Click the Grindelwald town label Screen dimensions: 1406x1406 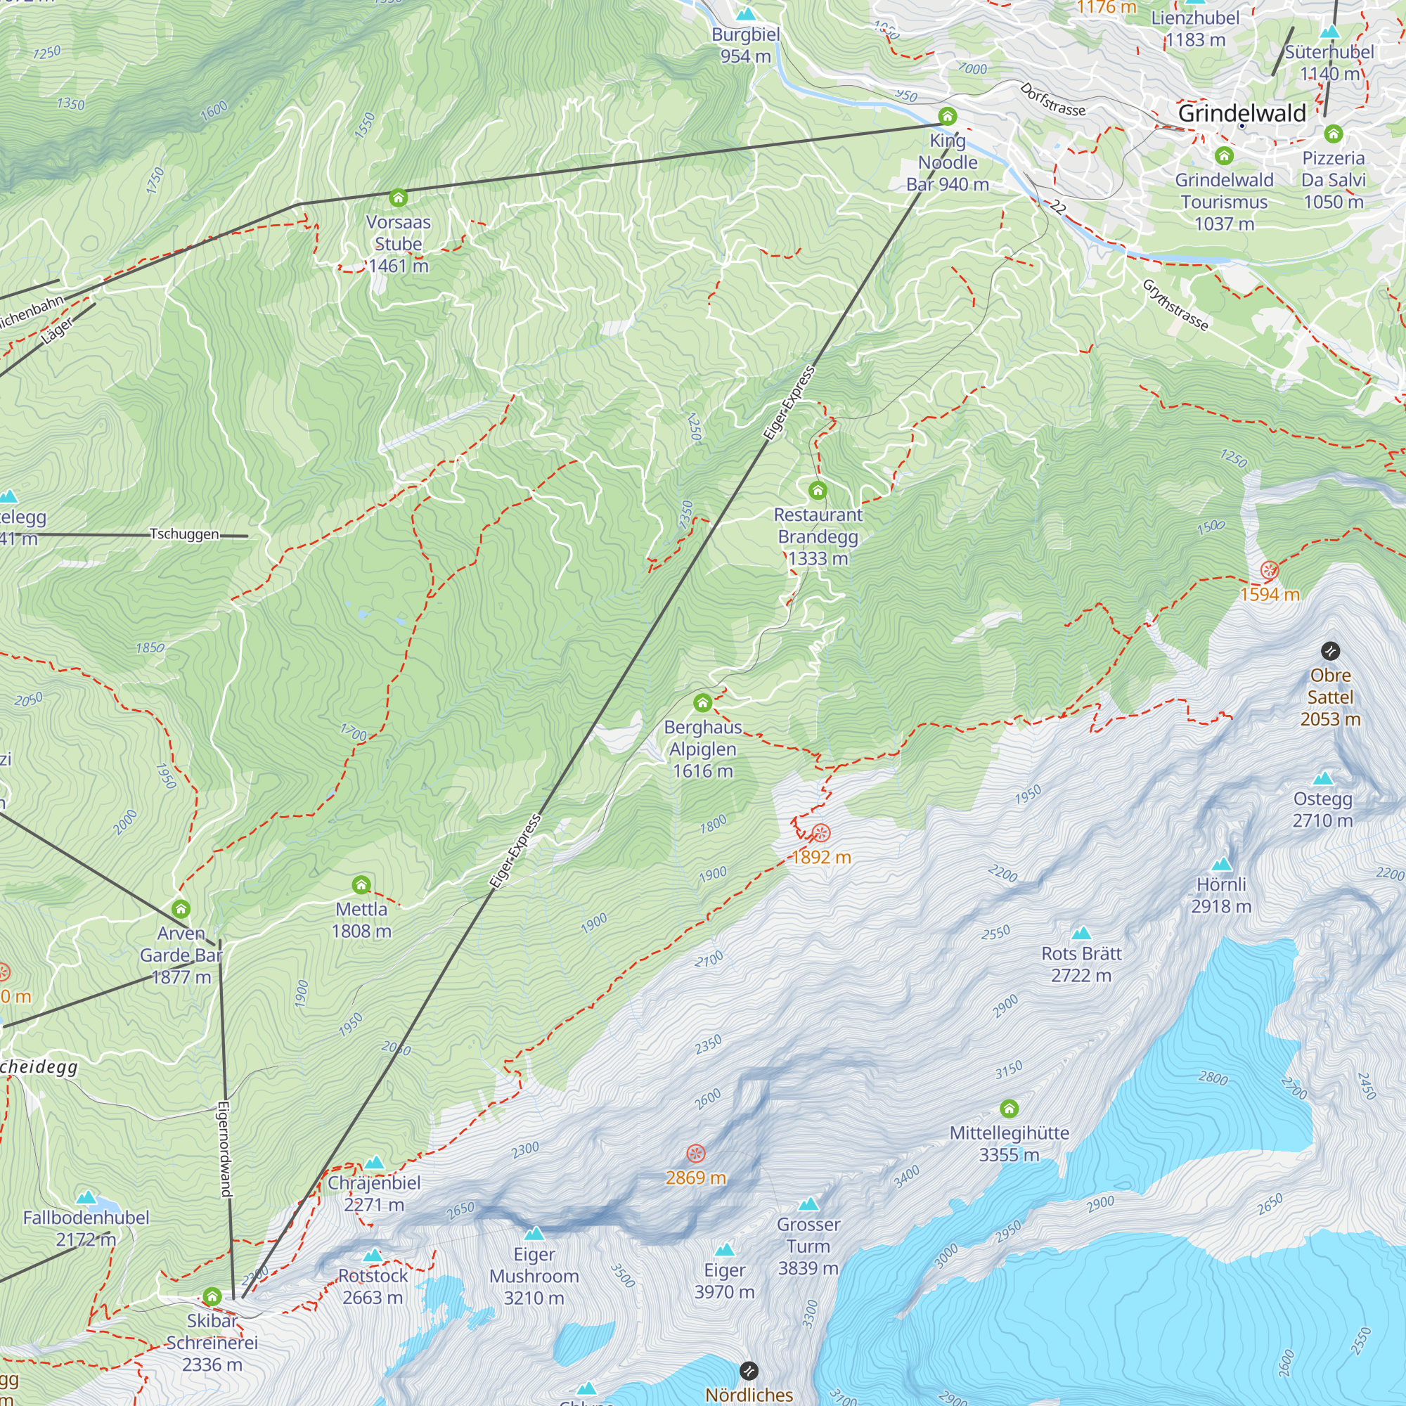[x=1241, y=112]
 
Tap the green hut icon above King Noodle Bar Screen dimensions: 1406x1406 [x=947, y=117]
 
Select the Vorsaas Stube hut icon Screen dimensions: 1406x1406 [x=398, y=198]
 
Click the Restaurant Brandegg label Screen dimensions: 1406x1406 [x=818, y=536]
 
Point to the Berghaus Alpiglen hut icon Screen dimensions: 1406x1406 [x=702, y=703]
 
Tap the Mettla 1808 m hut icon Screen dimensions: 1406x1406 [x=361, y=885]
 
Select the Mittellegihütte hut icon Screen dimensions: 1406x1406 [x=1009, y=1109]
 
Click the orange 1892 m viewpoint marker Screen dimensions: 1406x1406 [x=821, y=832]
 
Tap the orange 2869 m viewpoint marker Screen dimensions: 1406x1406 [x=696, y=1154]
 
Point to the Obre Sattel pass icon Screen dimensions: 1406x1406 [x=1330, y=650]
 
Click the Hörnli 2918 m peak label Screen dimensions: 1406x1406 [x=1221, y=895]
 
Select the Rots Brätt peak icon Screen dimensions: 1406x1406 [x=1081, y=934]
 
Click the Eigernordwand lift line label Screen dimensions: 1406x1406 [x=225, y=1149]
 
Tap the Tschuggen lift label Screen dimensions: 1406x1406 [x=184, y=534]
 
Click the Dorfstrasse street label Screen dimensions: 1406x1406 [x=1052, y=100]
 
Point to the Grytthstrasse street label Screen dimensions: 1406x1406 [x=1175, y=305]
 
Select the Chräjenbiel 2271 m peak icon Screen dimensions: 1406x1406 [x=374, y=1163]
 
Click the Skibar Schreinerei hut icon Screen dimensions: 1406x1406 [x=212, y=1296]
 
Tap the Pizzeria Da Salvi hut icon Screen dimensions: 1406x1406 [x=1333, y=134]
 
